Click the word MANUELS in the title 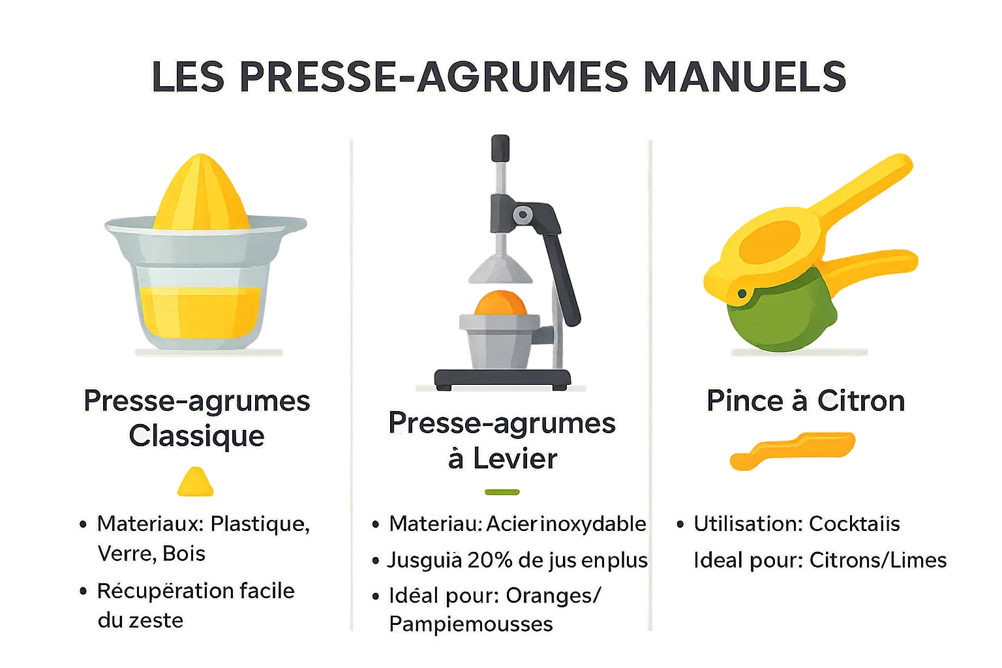click(x=744, y=77)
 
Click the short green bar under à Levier click(x=502, y=492)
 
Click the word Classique click(x=196, y=436)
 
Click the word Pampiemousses click(x=470, y=624)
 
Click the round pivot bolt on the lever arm click(x=522, y=215)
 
